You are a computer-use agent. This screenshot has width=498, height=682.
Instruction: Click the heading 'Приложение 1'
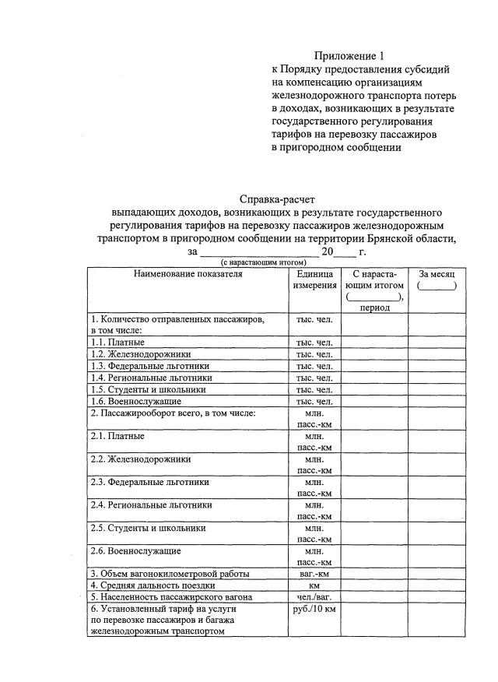coord(349,55)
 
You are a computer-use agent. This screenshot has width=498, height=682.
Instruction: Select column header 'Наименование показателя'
coord(182,274)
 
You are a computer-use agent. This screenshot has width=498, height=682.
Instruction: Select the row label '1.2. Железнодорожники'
coord(141,353)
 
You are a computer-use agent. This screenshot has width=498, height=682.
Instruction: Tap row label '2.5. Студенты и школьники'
coord(149,528)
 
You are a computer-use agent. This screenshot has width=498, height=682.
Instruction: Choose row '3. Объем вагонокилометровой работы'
coord(170,574)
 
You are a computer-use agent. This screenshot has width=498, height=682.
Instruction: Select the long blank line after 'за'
coord(258,252)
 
